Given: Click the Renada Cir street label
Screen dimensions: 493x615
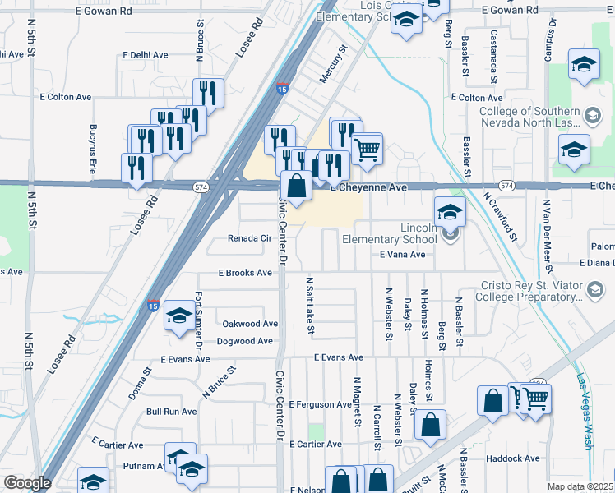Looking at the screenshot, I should [249, 238].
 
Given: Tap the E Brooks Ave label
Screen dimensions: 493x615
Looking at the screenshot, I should [244, 273].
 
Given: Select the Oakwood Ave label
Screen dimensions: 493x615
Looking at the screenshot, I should [250, 324].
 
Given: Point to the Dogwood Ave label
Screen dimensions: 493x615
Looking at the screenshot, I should [244, 341].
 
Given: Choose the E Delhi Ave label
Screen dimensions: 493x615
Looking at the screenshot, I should [145, 55].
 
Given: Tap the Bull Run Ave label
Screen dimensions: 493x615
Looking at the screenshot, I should [172, 411].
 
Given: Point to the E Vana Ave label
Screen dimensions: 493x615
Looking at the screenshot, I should [402, 255].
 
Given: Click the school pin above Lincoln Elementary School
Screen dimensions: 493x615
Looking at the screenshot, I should [450, 213].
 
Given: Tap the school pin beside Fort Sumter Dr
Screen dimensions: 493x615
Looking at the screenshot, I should [178, 316].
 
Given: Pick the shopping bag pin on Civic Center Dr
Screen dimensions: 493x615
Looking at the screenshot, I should [297, 187].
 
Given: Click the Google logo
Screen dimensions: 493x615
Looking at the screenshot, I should [27, 483].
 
